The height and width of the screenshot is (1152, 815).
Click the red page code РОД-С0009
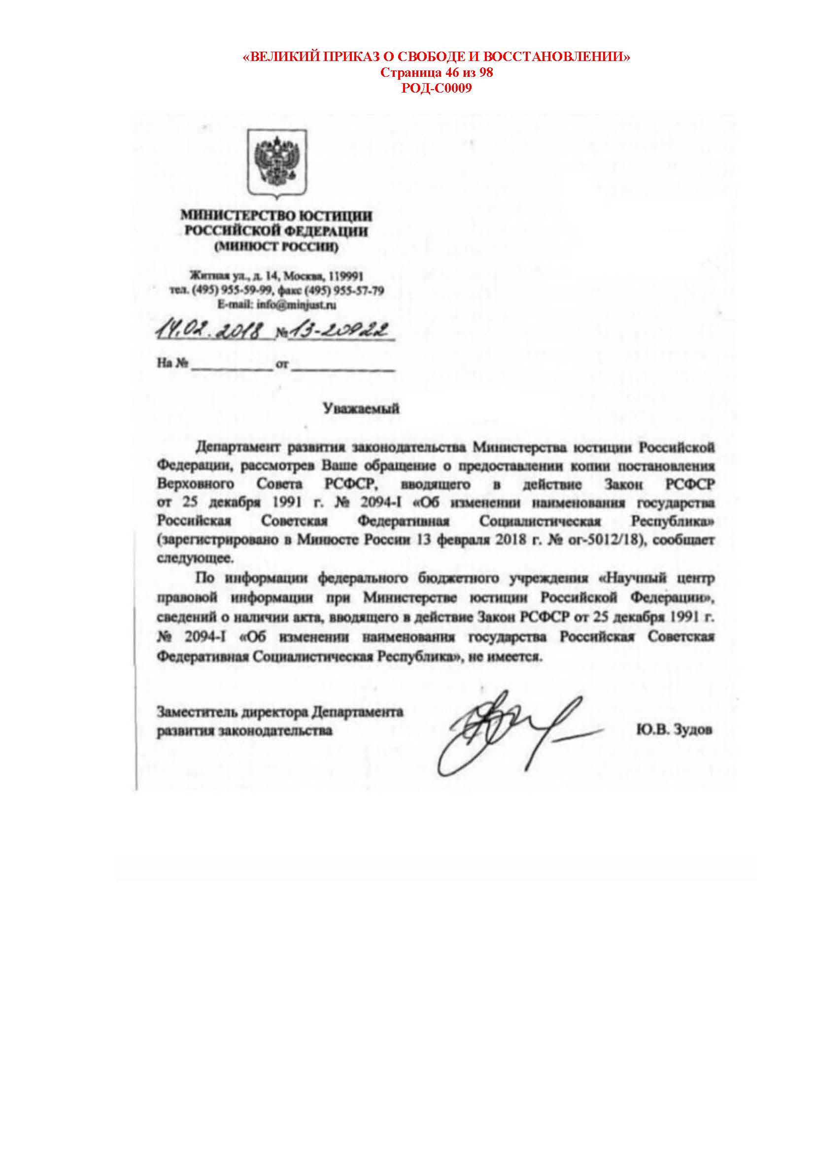437,89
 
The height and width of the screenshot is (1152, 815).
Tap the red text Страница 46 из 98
437,73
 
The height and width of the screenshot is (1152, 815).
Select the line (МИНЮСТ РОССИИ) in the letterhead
276,247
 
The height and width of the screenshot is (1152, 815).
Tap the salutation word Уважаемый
361,408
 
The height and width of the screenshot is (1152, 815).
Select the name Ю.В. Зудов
674,730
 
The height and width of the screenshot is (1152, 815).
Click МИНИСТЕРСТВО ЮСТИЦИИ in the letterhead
276,216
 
